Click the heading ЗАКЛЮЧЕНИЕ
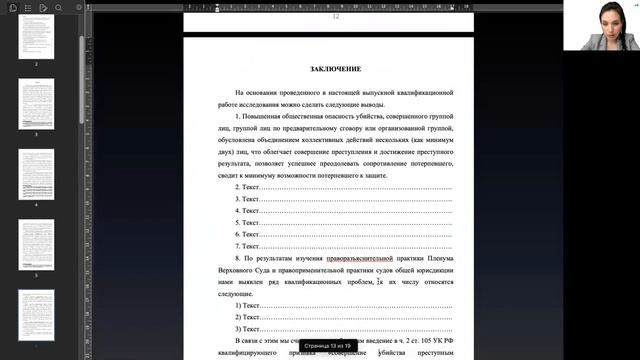[x=329, y=69]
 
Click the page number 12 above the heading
[x=336, y=17]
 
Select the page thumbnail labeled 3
[x=36, y=105]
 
